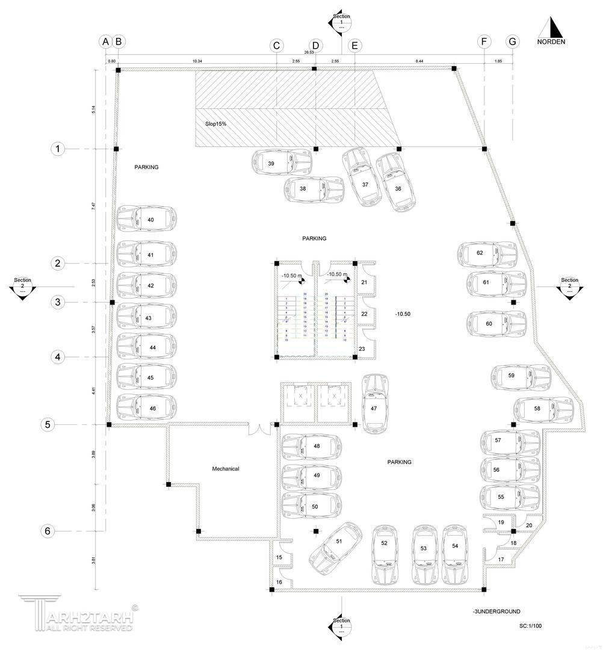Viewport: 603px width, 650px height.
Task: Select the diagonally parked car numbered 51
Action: [x=335, y=548]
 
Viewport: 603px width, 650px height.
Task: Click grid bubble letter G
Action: [x=513, y=42]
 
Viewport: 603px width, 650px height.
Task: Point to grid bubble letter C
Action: [x=276, y=45]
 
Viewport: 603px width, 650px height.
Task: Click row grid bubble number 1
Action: [x=58, y=149]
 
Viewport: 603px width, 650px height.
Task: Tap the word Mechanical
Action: [x=226, y=469]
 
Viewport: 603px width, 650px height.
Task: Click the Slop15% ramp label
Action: [x=215, y=123]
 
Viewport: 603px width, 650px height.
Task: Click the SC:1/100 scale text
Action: [x=530, y=626]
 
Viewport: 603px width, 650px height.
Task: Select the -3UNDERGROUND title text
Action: [x=496, y=611]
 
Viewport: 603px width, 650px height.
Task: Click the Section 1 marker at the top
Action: [x=341, y=22]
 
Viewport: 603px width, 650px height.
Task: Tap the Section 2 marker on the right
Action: [x=569, y=287]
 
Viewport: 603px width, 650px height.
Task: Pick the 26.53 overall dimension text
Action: [x=309, y=52]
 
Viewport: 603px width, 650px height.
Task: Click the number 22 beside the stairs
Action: [x=364, y=314]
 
